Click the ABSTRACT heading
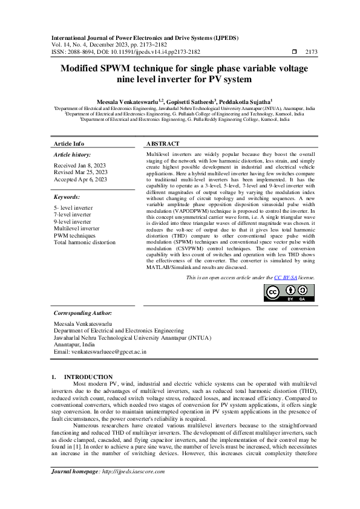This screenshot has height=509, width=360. (x=163, y=144)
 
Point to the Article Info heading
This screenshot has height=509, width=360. (x=69, y=144)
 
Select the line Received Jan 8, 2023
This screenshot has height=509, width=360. (x=80, y=164)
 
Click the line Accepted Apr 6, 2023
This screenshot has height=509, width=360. (x=80, y=179)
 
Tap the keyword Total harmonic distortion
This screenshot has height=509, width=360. (x=84, y=242)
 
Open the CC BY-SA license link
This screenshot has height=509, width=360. (x=283, y=277)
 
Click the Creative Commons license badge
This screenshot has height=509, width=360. (x=289, y=293)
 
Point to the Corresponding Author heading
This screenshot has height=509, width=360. (x=83, y=313)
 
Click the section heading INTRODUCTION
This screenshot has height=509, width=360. (x=88, y=377)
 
